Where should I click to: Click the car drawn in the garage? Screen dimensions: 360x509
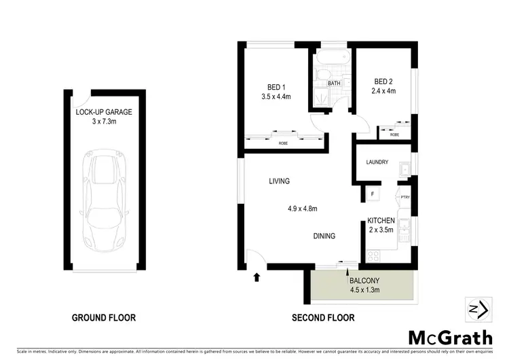coord(105,201)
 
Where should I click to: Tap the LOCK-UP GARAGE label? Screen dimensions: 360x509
coord(105,111)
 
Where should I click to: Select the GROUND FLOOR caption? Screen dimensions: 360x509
coord(104,317)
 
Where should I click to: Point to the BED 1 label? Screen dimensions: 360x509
coord(276,86)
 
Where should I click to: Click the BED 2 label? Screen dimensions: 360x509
coord(383,81)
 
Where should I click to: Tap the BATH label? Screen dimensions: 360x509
coord(334,84)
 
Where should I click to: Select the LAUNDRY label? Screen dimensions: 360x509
coord(377,162)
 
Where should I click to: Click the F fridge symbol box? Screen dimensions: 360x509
coord(373,194)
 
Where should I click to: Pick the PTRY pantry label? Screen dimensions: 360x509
coord(404,198)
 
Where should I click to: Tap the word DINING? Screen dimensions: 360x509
coord(324,236)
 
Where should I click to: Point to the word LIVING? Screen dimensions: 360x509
coord(279,181)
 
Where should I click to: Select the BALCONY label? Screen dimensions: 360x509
coord(364,280)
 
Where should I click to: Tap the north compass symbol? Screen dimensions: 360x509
coord(477,308)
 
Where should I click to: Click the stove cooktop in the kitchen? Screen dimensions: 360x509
coord(375,256)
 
